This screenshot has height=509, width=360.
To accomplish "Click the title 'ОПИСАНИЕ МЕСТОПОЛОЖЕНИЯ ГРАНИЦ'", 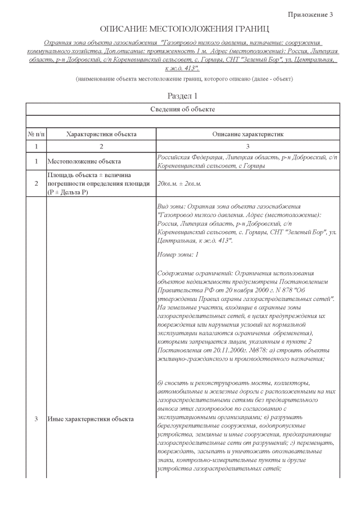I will (x=184, y=29).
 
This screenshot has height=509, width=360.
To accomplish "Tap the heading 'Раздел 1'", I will (x=183, y=96).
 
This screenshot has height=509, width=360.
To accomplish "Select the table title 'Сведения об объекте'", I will (x=183, y=109).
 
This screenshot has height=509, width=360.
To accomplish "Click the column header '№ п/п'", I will (x=36, y=134).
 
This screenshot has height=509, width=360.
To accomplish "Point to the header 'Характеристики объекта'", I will (x=101, y=134).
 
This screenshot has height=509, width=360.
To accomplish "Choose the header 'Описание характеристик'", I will (x=247, y=134).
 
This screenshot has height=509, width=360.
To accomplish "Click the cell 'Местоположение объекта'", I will (x=84, y=162).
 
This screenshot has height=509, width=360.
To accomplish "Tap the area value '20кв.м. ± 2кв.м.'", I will (x=179, y=183).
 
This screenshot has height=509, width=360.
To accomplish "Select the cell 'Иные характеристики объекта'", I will (x=91, y=419).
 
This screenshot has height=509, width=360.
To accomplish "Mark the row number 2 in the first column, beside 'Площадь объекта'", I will (x=36, y=183).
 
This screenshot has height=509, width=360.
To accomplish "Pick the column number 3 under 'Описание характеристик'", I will (x=247, y=146).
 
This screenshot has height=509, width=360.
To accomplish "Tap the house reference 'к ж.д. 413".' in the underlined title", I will (x=183, y=67).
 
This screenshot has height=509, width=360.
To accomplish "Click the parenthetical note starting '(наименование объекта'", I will (x=184, y=79).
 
